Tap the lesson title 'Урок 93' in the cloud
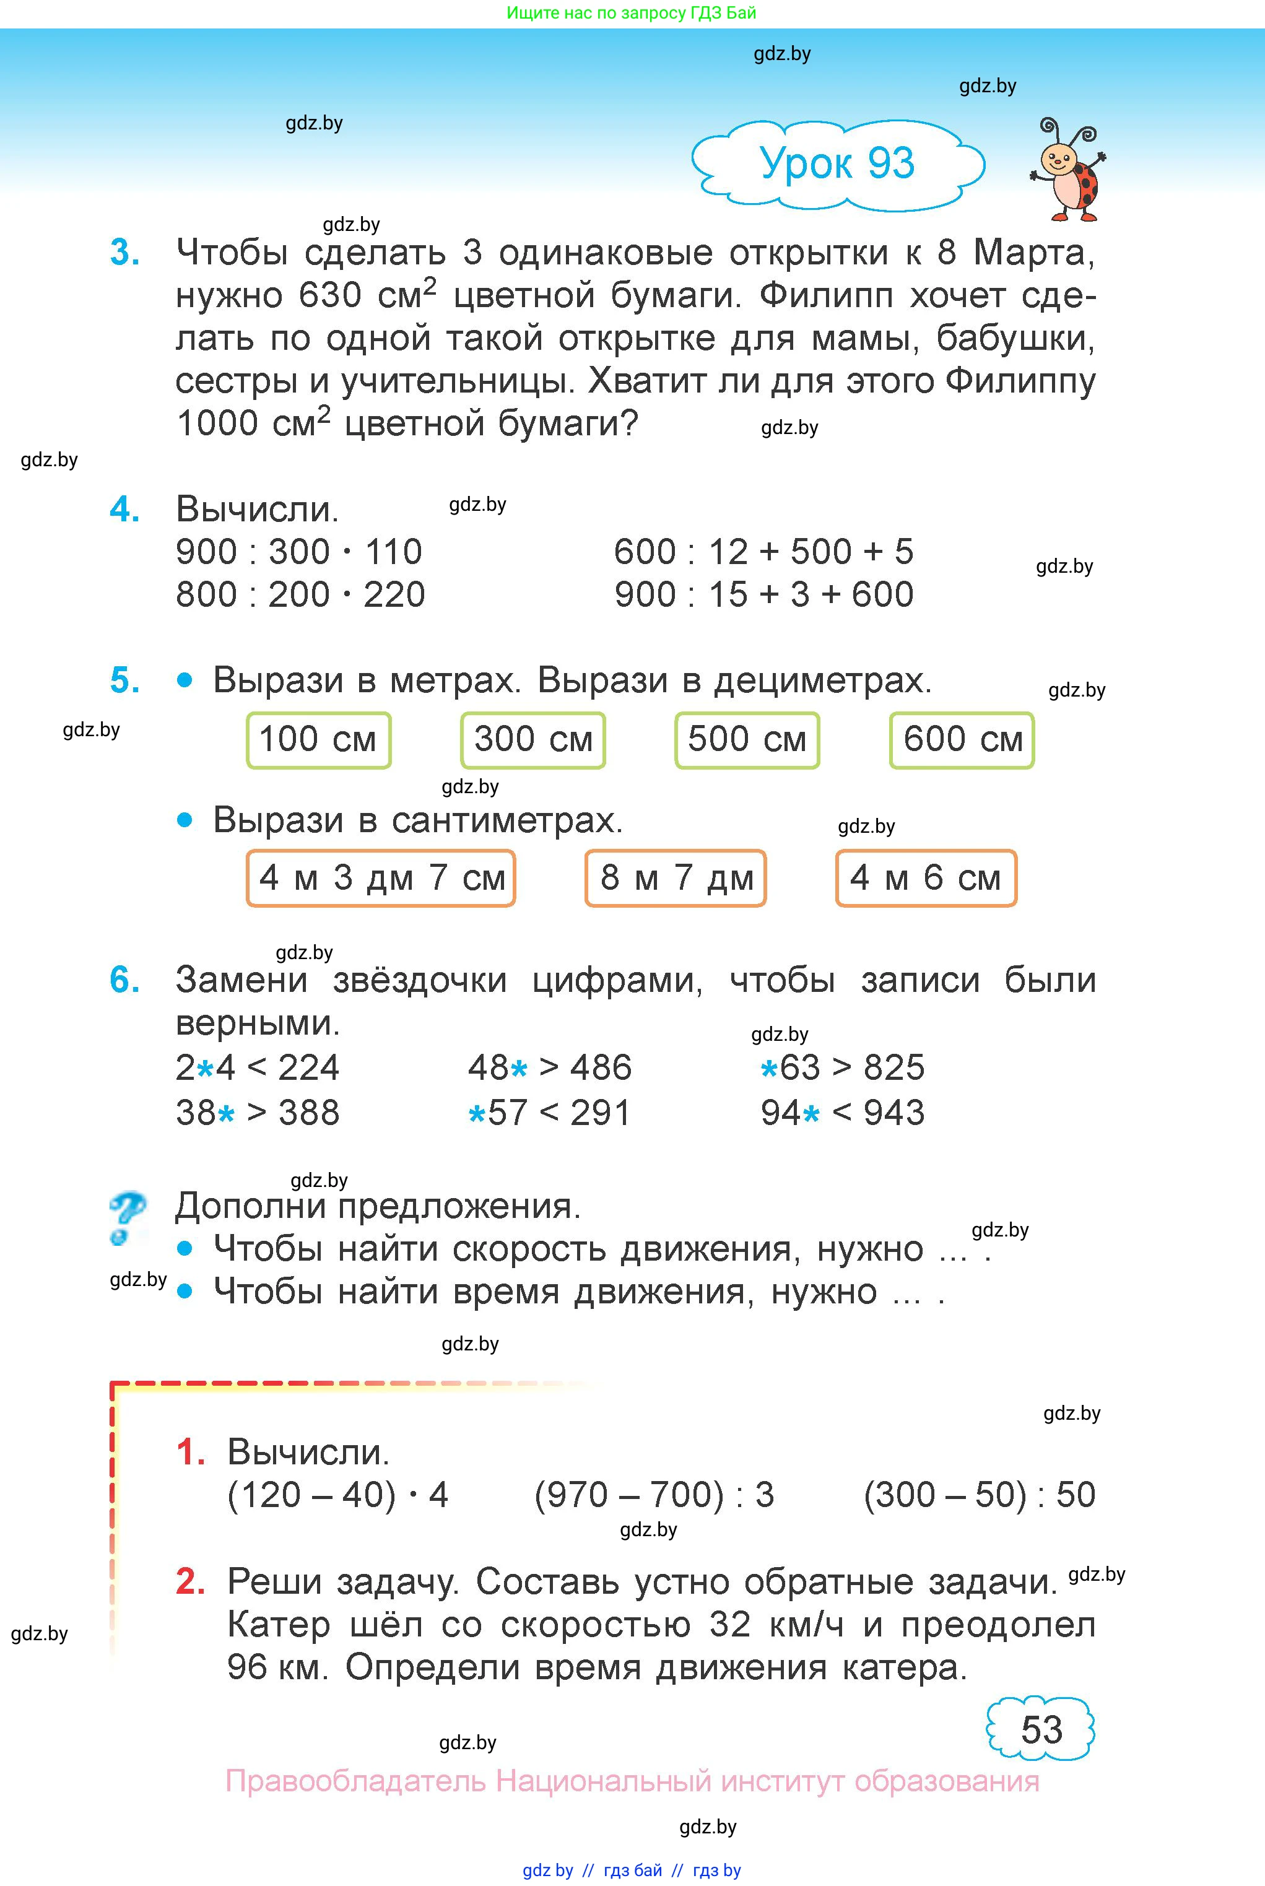click(x=837, y=163)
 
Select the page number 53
click(x=1041, y=1729)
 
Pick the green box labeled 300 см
click(x=533, y=740)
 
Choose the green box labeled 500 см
click(x=747, y=740)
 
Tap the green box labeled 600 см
click(x=962, y=740)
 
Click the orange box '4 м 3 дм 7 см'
click(x=381, y=877)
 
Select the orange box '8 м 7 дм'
click(x=676, y=877)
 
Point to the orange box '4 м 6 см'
click(x=925, y=877)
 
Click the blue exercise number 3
click(x=124, y=253)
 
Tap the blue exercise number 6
click(x=124, y=980)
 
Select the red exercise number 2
click(x=190, y=1582)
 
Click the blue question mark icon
click(x=127, y=1218)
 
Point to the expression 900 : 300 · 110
click(x=298, y=552)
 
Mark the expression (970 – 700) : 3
click(x=653, y=1495)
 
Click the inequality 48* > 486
click(x=549, y=1068)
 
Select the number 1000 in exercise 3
click(x=216, y=424)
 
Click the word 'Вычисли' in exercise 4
click(x=256, y=510)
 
